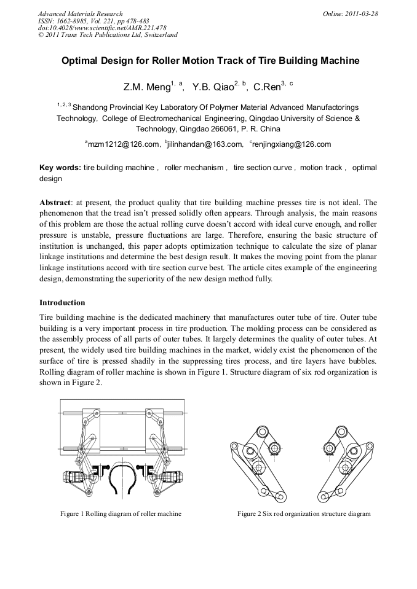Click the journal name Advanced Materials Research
(x=80, y=14)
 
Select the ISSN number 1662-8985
(x=73, y=21)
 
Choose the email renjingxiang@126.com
(x=292, y=145)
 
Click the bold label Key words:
(x=60, y=168)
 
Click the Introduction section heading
(x=62, y=303)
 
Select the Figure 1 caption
(x=121, y=513)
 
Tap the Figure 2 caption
(x=304, y=513)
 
